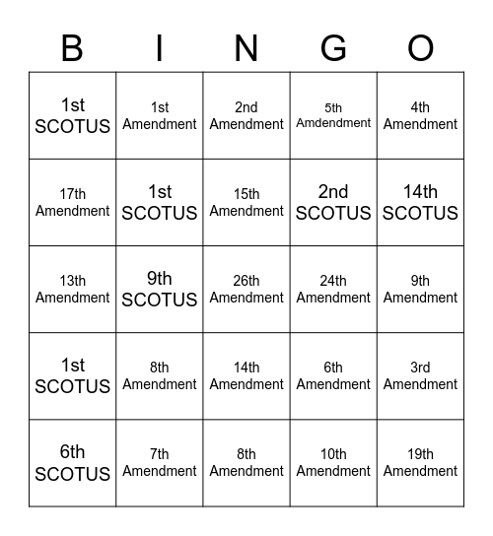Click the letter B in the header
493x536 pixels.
[x=72, y=47]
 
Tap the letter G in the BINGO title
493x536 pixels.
[x=333, y=47]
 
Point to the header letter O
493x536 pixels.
[x=420, y=47]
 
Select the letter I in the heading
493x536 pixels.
[x=160, y=47]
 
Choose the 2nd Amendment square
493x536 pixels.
[x=246, y=116]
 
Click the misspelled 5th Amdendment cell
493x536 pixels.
[x=333, y=116]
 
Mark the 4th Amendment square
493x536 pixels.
[x=420, y=116]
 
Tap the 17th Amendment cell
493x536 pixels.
[x=73, y=203]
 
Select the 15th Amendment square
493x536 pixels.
[x=246, y=203]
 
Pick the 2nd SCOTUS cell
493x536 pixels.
[x=333, y=203]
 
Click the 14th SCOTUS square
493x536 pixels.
[x=420, y=203]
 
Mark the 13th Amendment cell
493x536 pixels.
[x=73, y=290]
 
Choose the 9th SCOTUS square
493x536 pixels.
[x=160, y=290]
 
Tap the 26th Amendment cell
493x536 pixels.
[x=246, y=290]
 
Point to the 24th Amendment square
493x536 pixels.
[x=333, y=290]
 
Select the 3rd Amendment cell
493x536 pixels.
[x=420, y=376]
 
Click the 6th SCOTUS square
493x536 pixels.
[x=73, y=463]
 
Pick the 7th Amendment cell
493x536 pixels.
[x=160, y=463]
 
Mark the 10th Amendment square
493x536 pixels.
[x=333, y=463]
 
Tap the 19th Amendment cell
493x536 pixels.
[x=420, y=463]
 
